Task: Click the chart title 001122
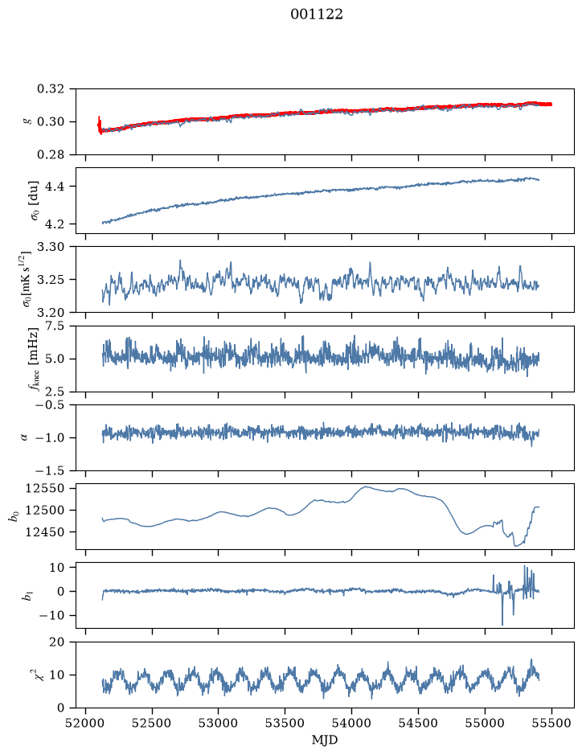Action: coord(316,14)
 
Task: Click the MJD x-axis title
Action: coord(325,740)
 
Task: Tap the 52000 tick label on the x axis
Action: coord(86,723)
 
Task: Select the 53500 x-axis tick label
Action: coord(285,723)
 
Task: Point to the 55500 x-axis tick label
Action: coord(551,723)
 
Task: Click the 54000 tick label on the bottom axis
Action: coord(351,723)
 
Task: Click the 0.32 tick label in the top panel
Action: coord(51,89)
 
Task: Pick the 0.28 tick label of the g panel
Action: coord(51,154)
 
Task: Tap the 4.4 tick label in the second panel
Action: coord(55,187)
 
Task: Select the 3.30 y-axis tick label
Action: coord(51,247)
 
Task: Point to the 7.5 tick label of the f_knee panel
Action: coord(55,326)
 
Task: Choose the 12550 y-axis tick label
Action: coord(44,488)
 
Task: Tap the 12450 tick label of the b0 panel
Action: coord(44,532)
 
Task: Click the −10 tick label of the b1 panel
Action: coord(51,616)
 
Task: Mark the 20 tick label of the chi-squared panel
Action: coord(57,642)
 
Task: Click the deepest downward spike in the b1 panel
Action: coord(502,624)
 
